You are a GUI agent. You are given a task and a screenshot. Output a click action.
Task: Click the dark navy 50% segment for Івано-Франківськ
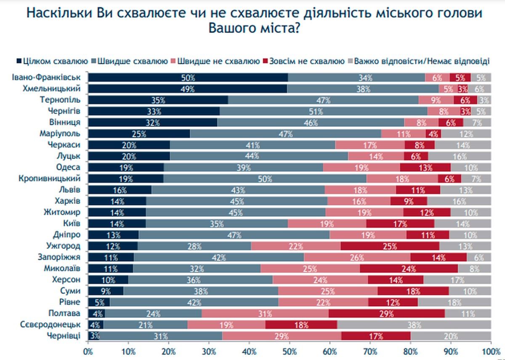[x=188, y=78]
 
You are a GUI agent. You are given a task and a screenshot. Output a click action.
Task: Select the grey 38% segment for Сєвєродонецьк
[x=414, y=325]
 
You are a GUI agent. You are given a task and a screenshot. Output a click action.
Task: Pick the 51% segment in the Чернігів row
[x=323, y=111]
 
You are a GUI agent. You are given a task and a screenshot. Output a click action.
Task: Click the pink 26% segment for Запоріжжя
[x=357, y=257]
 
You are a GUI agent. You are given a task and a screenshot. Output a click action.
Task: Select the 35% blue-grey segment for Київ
[x=217, y=224]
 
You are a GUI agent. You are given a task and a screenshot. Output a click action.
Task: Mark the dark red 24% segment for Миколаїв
[x=409, y=269]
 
